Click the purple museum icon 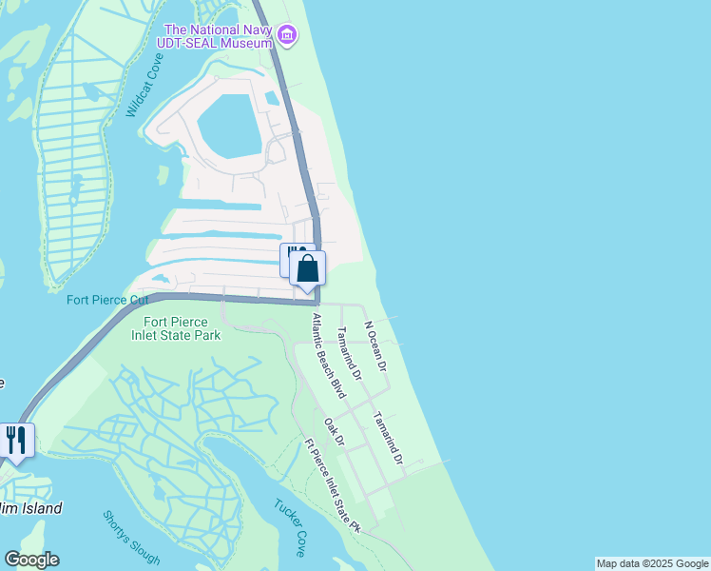point(286,36)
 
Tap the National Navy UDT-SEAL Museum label point(219,35)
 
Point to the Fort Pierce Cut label point(107,300)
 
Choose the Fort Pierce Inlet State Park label point(176,328)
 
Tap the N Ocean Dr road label point(376,345)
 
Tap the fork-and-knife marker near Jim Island point(16,440)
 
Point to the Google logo point(31,560)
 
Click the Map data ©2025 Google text point(653,563)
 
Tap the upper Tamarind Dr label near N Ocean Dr point(350,354)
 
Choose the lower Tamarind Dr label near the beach point(388,438)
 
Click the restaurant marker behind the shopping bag point(291,258)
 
